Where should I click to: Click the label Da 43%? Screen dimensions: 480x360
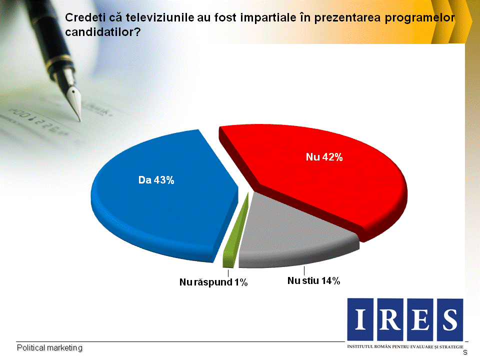pos(156,180)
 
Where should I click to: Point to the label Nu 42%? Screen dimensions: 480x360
pos(324,157)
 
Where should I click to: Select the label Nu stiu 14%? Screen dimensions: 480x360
pos(314,280)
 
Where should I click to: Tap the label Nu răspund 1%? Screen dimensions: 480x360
pos(213,282)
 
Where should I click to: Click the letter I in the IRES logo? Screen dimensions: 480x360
pos(360,319)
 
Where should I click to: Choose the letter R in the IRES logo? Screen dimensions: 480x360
pos(390,319)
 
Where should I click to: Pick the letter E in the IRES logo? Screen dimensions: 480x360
pos(420,319)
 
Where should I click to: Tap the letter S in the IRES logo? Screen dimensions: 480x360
pos(450,319)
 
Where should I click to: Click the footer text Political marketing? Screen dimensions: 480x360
pos(49,348)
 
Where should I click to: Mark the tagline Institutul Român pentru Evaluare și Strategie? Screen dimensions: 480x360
pos(405,347)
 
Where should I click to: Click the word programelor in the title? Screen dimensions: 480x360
pos(419,18)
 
